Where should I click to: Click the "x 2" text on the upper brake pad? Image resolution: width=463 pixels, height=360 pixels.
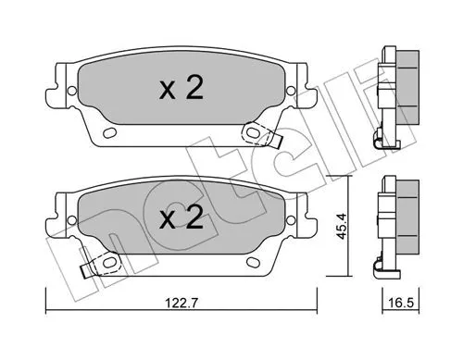tap(181, 88)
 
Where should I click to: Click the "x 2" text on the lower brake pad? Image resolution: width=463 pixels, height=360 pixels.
tap(181, 218)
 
